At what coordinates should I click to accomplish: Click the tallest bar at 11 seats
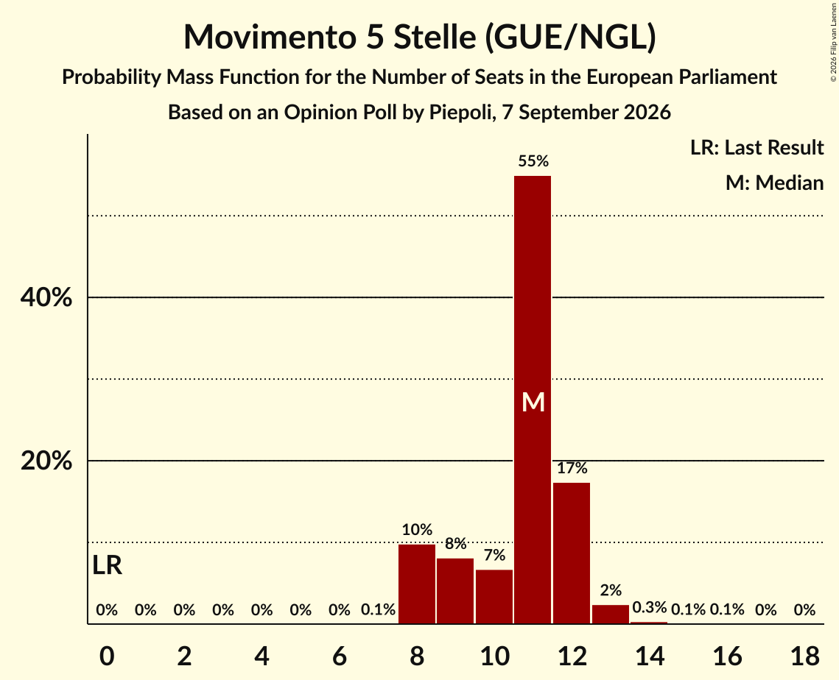coord(533,400)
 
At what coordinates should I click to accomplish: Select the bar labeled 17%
coord(572,553)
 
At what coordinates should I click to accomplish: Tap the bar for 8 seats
coord(417,584)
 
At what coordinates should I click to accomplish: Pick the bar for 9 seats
coord(455,591)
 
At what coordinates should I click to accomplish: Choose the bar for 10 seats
coord(494,597)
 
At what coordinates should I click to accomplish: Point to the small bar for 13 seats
coord(611,615)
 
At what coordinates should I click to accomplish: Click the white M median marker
coord(533,402)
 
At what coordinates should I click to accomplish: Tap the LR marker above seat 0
coord(107,565)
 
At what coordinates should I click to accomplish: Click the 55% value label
coord(533,161)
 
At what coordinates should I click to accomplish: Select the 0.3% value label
coord(649,607)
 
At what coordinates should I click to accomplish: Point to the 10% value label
coord(417,529)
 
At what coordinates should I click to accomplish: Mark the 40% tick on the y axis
coord(46,297)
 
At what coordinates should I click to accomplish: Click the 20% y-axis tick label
coord(46,460)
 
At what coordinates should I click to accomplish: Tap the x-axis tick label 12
coord(572,656)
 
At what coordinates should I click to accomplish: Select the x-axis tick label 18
coord(805,656)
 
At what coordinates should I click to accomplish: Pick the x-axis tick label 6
coord(340,656)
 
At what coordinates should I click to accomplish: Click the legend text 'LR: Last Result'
coord(756,147)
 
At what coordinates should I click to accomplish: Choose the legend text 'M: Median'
coord(774,183)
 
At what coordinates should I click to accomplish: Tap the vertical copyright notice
coord(833,42)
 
